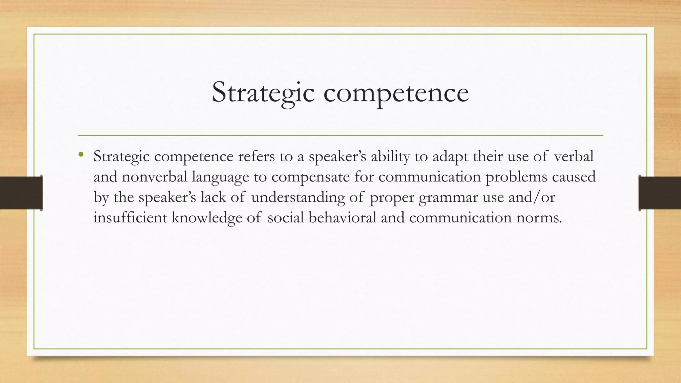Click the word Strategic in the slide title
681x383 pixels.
[263, 92]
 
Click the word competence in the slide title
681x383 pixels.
[396, 93]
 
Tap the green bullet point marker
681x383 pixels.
[81, 154]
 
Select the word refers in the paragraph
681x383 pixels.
[256, 156]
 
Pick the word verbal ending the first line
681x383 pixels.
[574, 156]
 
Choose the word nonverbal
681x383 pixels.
[155, 177]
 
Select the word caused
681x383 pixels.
[574, 177]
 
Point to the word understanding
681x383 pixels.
[298, 198]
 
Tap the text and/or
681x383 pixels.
[532, 197]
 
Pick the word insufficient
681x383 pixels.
[130, 218]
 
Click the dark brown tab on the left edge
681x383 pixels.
[21, 193]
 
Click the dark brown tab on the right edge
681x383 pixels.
[660, 193]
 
